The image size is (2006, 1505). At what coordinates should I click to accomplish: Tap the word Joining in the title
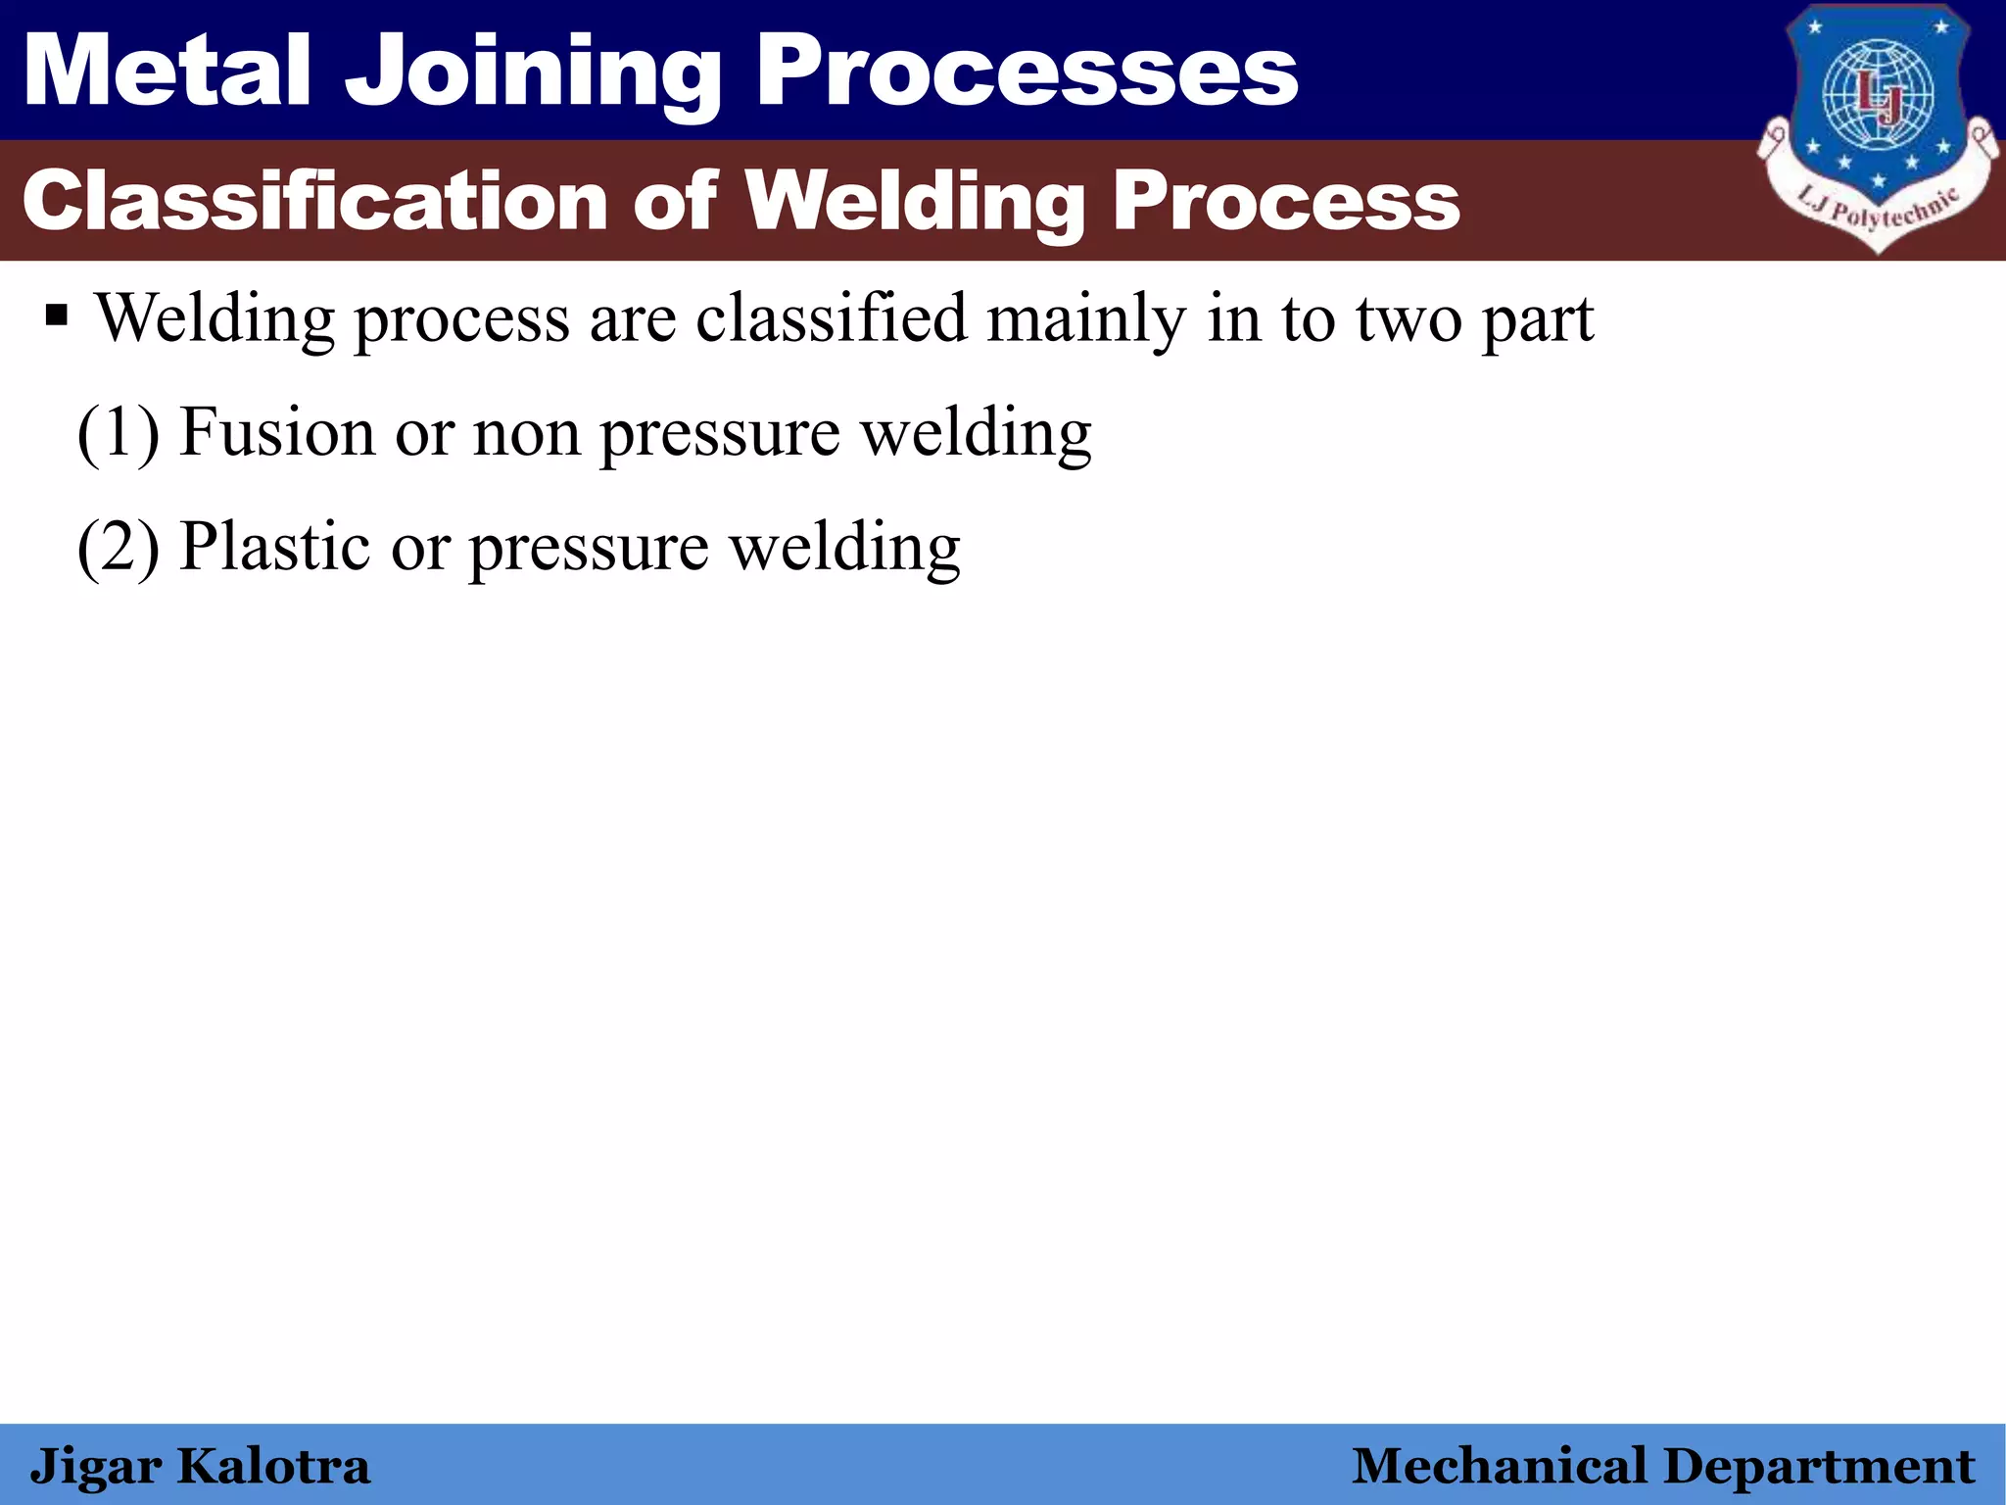click(534, 73)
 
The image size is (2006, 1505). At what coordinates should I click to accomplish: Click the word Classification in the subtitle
click(314, 201)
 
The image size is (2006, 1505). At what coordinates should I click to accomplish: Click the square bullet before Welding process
click(57, 317)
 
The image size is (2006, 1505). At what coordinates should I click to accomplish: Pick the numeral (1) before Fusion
click(118, 433)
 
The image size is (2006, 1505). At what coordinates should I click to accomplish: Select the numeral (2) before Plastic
click(118, 547)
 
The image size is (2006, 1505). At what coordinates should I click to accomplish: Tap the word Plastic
click(274, 546)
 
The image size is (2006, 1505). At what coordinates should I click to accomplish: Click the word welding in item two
click(845, 547)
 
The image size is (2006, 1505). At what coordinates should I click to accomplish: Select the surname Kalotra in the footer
click(273, 1467)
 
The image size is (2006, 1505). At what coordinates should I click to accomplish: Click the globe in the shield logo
click(1877, 94)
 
